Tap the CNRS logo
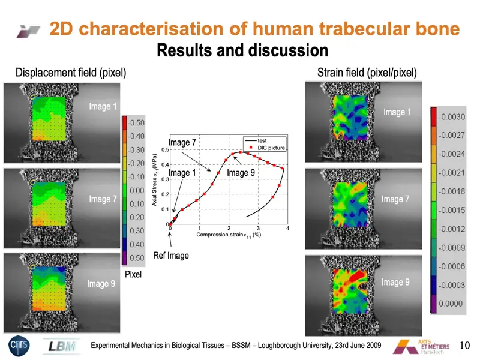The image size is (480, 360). pyautogui.click(x=17, y=346)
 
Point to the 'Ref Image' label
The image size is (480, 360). pyautogui.click(x=171, y=256)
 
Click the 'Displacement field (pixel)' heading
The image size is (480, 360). pyautogui.click(x=71, y=73)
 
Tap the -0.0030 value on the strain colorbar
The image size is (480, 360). pyautogui.click(x=450, y=116)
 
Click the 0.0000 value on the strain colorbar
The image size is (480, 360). pyautogui.click(x=451, y=304)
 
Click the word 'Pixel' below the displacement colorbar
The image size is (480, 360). pyautogui.click(x=133, y=274)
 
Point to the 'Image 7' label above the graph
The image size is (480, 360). pyautogui.click(x=182, y=143)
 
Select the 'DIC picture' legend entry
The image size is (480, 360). pyautogui.click(x=271, y=148)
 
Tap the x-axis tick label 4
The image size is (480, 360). pyautogui.click(x=288, y=229)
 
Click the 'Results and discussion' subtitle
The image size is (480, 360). pyautogui.click(x=242, y=50)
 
